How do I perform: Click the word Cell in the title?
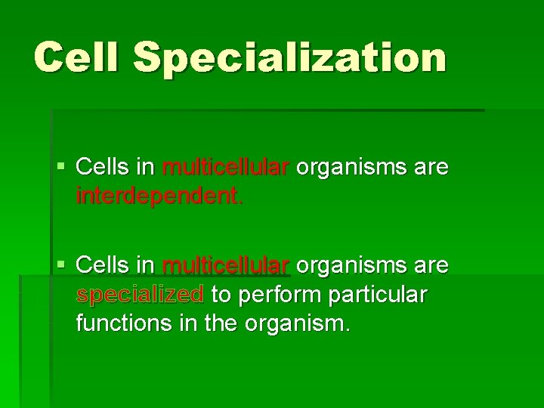(76, 57)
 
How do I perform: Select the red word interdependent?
(159, 197)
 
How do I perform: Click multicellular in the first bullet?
(225, 167)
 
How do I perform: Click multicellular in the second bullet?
(225, 265)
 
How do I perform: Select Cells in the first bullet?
(104, 167)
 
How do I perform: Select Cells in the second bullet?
(104, 265)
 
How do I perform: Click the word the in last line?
(221, 325)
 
